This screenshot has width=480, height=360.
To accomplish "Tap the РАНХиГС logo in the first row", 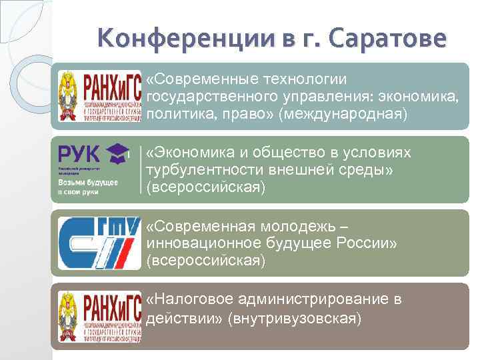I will click(x=98, y=96).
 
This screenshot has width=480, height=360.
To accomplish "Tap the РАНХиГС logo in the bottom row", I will click(x=98, y=316).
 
